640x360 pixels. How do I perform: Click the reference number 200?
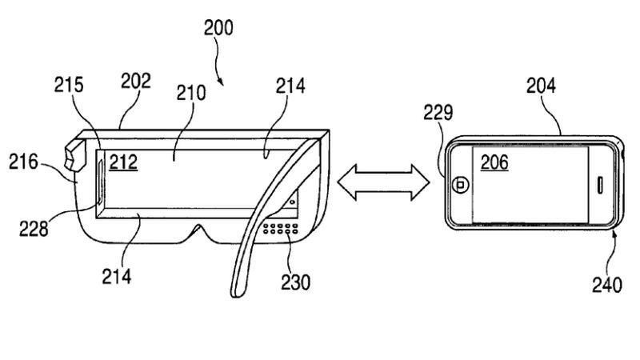[217, 29]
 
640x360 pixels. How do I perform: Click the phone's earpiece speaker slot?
[602, 183]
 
